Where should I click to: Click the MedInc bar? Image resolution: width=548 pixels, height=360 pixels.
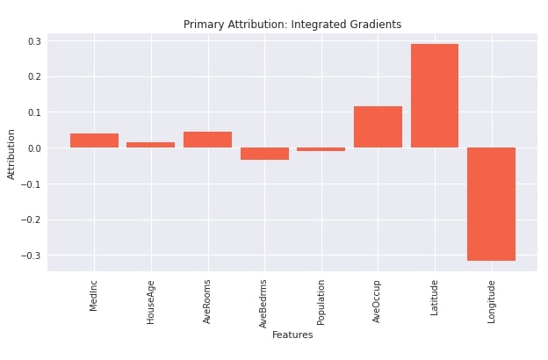click(94, 140)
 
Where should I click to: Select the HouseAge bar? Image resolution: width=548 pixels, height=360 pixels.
click(151, 145)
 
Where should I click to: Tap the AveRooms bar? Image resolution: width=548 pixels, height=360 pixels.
click(207, 140)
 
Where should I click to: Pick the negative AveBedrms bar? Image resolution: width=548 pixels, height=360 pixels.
click(264, 154)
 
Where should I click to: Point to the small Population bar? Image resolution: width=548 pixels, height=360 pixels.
click(321, 149)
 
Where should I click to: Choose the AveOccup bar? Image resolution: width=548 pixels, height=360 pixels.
click(379, 126)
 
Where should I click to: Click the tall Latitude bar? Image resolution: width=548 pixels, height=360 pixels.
click(435, 96)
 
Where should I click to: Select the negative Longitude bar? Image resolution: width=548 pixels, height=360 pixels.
click(492, 204)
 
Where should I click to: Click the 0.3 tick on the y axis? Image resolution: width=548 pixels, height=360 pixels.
click(34, 41)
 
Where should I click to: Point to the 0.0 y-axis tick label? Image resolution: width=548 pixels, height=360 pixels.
click(34, 148)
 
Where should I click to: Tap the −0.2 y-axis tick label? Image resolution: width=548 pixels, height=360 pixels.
click(31, 220)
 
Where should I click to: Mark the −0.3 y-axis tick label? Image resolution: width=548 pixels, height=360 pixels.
click(31, 256)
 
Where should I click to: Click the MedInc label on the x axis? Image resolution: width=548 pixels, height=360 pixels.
click(93, 296)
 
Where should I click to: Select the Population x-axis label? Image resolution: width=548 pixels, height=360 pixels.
click(321, 303)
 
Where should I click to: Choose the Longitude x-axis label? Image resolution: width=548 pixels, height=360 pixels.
click(492, 302)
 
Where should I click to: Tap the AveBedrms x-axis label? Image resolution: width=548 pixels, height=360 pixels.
click(263, 304)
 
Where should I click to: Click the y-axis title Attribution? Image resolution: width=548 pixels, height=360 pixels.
click(11, 155)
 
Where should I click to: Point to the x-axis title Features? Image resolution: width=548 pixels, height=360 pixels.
click(292, 335)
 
